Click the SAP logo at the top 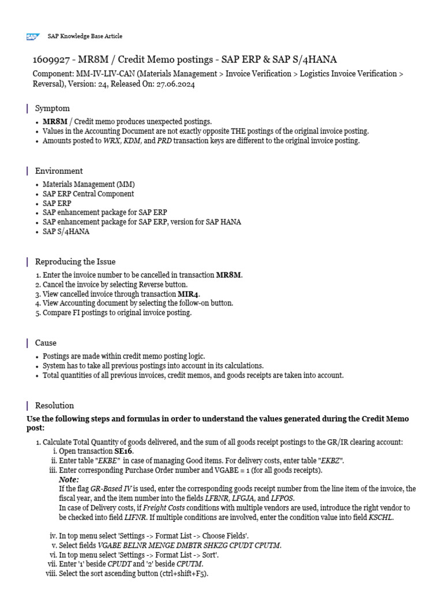tap(32, 36)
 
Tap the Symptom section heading tap(52, 109)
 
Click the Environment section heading tap(59, 171)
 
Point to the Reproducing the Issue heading tap(75, 262)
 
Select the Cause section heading tap(46, 343)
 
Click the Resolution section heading tap(54, 405)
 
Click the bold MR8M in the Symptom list tap(55, 122)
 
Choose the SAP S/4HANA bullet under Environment tap(66, 231)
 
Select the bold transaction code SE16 tap(123, 451)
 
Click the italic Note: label tap(69, 480)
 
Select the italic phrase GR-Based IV tap(111, 489)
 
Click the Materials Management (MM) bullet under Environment tap(88, 185)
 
